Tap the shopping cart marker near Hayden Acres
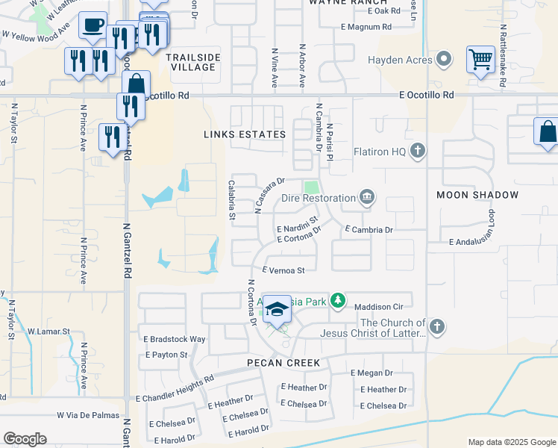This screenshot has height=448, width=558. (x=481, y=59)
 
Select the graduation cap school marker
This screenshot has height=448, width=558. (x=277, y=311)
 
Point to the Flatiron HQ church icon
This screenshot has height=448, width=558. (x=418, y=152)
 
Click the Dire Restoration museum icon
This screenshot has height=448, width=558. (x=367, y=198)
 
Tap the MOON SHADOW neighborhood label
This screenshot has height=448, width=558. (x=477, y=195)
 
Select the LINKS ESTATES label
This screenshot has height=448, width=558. (x=245, y=134)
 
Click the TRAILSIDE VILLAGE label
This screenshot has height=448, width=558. (x=190, y=62)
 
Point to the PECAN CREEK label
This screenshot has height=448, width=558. (x=284, y=363)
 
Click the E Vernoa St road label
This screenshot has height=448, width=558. (x=283, y=270)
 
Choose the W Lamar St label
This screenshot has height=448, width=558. (x=48, y=331)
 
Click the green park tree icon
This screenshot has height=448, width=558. (x=339, y=300)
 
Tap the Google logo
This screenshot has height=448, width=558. (x=25, y=438)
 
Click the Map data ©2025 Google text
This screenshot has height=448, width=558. (x=511, y=442)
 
